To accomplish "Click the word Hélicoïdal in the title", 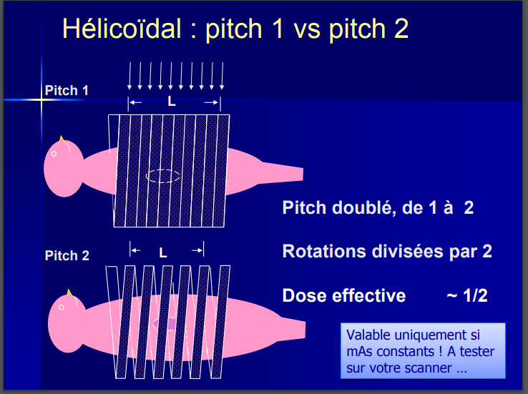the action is [122, 29].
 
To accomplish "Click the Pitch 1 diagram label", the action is [67, 91].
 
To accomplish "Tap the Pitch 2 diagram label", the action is [67, 256].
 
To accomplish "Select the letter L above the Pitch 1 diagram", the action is [172, 102].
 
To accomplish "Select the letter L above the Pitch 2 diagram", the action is [163, 252].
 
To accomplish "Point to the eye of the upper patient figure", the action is [54, 154].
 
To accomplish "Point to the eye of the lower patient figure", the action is [62, 307].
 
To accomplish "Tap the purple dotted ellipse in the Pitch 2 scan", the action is [165, 324].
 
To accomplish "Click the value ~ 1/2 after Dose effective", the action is [467, 296].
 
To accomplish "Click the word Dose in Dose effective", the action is [304, 296].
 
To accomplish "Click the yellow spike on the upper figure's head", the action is [62, 139].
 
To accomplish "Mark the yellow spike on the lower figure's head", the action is [69, 292].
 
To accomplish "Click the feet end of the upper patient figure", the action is [300, 174].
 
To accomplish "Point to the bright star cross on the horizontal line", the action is [41, 99].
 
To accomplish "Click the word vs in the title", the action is [307, 30].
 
